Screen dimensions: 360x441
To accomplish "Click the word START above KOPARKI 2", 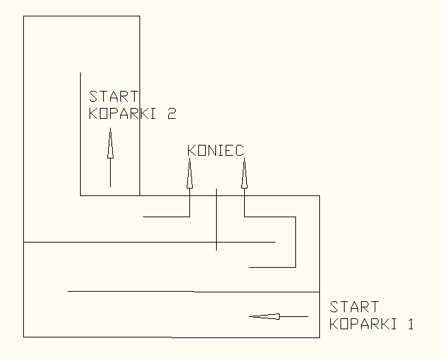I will click(114, 96).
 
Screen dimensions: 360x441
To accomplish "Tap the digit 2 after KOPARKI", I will click(171, 113).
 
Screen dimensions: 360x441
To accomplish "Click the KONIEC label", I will click(215, 150).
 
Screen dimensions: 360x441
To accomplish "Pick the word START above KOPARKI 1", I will click(354, 307).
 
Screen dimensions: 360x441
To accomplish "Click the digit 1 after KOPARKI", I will click(410, 324).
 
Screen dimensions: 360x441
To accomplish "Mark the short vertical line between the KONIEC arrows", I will click(216, 219).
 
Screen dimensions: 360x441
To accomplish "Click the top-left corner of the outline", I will click(24, 16).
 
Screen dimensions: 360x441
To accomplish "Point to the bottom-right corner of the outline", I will click(319, 337).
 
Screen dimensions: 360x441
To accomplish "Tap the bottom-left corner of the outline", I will click(24, 337).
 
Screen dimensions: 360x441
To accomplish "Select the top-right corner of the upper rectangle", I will click(139, 16).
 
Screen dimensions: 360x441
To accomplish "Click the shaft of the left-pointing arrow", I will click(294, 316).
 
